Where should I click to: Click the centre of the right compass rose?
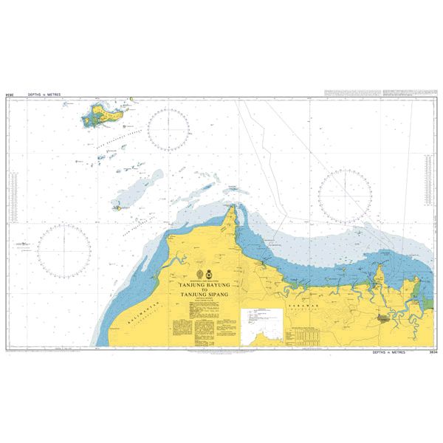coord(345,195)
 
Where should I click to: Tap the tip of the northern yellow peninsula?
coord(236,205)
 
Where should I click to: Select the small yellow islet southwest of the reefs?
coord(117,207)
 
